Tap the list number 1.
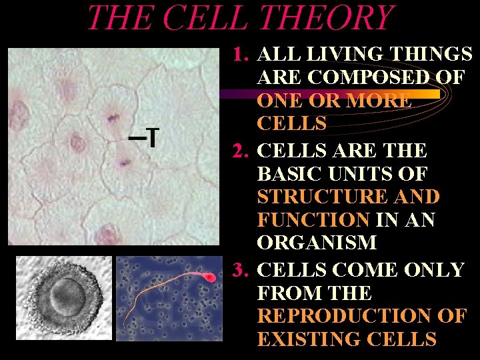click(241, 53)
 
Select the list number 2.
click(240, 149)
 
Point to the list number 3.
click(240, 270)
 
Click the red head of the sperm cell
click(208, 277)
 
